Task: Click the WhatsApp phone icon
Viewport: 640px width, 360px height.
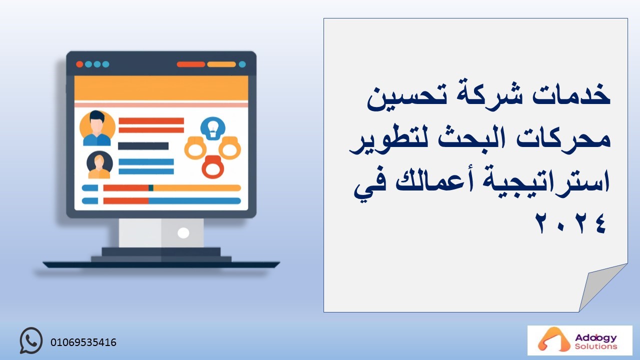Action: pyautogui.click(x=31, y=340)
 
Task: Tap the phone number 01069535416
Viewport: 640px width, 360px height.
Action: pyautogui.click(x=83, y=342)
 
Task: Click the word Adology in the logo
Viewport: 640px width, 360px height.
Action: pyautogui.click(x=595, y=338)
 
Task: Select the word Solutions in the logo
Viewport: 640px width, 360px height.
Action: pyautogui.click(x=596, y=346)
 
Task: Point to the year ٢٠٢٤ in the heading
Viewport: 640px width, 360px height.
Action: pyautogui.click(x=571, y=223)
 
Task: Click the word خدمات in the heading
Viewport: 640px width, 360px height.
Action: pyautogui.click(x=571, y=94)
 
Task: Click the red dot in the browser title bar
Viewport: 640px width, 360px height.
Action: pyautogui.click(x=79, y=64)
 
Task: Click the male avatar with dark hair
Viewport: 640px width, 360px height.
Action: pyautogui.click(x=97, y=128)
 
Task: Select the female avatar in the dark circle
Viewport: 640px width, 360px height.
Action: pyautogui.click(x=99, y=164)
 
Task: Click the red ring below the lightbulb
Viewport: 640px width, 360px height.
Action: pyautogui.click(x=213, y=167)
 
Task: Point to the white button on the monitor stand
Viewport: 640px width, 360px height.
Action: pyautogui.click(x=183, y=233)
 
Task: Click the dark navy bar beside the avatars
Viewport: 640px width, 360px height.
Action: pyautogui.click(x=143, y=146)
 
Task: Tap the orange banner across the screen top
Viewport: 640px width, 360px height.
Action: pyautogui.click(x=161, y=88)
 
